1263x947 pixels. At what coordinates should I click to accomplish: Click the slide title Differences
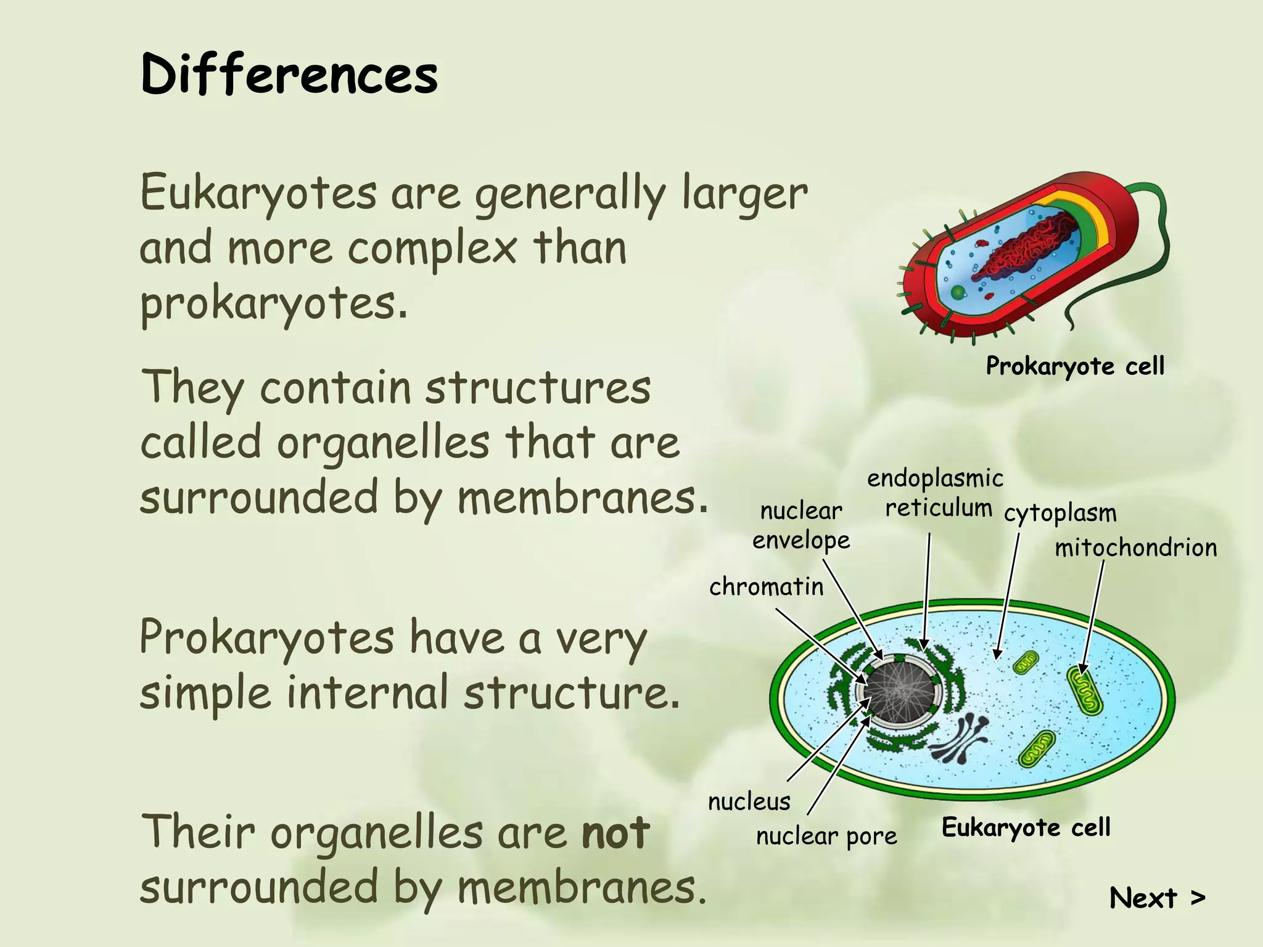(x=289, y=74)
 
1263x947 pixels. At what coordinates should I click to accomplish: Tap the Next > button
(x=1157, y=898)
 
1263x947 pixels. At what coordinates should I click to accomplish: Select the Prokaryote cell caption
(x=1075, y=366)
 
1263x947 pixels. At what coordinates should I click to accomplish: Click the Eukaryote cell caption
(x=1026, y=827)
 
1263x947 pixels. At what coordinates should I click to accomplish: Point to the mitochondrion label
(x=1135, y=547)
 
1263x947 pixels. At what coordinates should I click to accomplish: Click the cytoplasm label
(x=1059, y=513)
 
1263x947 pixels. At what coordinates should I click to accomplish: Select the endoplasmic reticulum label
(x=936, y=493)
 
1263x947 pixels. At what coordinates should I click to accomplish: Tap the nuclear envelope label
(x=800, y=525)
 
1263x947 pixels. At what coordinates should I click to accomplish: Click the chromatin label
(x=766, y=586)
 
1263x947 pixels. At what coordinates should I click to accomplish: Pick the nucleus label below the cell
(x=749, y=801)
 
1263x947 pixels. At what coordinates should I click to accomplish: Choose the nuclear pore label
(x=826, y=836)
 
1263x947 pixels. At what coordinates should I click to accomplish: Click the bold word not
(x=615, y=832)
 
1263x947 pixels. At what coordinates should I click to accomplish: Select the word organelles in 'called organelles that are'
(x=382, y=443)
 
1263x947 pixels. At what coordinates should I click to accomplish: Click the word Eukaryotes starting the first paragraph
(x=258, y=192)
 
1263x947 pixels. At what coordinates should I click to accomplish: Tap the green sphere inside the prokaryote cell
(x=958, y=292)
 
